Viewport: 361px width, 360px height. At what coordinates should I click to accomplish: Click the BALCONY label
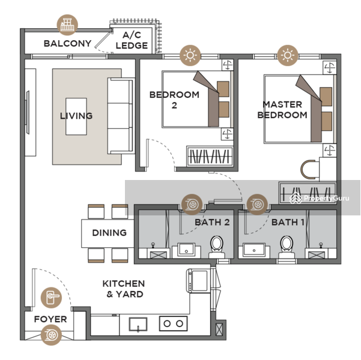pos(67,43)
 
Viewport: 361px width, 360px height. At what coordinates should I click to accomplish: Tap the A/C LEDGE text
pos(132,40)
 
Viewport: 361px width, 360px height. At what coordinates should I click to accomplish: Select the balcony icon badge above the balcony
pos(67,25)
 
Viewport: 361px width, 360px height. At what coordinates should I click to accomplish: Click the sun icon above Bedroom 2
pos(190,55)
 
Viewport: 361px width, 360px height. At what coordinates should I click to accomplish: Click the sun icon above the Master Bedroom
pos(288,55)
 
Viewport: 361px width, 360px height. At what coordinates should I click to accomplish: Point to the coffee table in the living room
pos(76,116)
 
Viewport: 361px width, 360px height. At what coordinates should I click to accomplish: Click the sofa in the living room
pos(121,116)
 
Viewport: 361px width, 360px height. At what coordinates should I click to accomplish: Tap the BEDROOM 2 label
pos(174,100)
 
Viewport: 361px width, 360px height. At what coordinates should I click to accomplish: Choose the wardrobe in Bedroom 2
pos(210,156)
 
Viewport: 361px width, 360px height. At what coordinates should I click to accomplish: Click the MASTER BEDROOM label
pos(282,109)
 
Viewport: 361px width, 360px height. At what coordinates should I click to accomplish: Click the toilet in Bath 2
pos(217,247)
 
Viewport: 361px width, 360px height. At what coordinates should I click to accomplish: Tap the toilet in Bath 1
pos(287,247)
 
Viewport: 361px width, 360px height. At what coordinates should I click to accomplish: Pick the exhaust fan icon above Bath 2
pos(192,205)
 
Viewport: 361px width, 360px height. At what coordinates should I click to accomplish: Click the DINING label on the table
pos(109,233)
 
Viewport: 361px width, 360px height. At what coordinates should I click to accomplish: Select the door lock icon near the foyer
pos(51,298)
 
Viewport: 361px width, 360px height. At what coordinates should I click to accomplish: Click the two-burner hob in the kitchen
pos(173,323)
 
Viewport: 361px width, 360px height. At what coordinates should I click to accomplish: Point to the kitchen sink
pos(138,324)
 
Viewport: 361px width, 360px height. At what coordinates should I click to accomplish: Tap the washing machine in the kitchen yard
pos(198,280)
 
